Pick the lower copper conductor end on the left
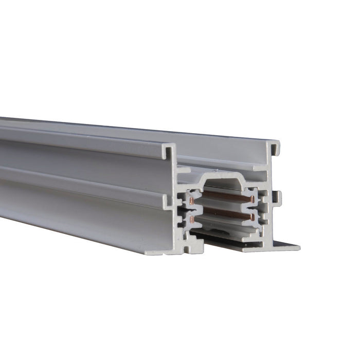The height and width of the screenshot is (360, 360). coord(192,219)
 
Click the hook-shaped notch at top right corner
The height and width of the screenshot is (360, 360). coord(275,149)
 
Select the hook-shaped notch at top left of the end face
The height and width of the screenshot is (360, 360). coord(168,151)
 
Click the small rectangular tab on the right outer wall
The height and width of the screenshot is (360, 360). coord(277,196)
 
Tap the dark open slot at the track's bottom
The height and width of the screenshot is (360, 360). coord(221,237)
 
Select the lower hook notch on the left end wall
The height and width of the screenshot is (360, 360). coord(169,202)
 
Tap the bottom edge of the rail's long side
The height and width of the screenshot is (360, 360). coord(77,226)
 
